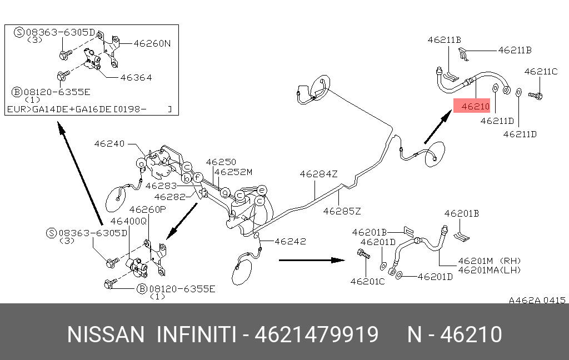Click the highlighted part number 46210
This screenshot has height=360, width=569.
(476, 106)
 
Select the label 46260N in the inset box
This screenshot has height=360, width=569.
(152, 43)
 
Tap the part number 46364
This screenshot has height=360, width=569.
(136, 77)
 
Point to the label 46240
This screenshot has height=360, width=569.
(109, 144)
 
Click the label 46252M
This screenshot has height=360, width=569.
(233, 172)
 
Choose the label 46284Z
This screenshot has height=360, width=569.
(318, 174)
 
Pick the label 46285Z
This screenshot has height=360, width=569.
(342, 211)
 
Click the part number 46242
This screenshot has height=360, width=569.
(290, 241)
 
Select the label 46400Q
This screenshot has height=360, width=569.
(128, 221)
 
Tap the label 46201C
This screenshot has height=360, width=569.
(367, 282)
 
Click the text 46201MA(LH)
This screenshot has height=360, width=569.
(490, 270)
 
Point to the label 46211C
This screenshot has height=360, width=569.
(541, 72)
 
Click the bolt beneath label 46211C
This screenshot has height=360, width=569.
(535, 96)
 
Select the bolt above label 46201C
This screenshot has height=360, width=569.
(363, 254)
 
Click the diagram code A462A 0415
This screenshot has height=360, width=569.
(537, 300)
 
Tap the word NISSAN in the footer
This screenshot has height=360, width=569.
(106, 334)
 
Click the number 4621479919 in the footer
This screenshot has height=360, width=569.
(317, 334)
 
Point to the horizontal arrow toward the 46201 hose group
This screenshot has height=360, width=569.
(312, 260)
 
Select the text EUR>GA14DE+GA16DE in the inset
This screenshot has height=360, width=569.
(59, 109)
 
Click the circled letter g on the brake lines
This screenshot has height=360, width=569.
(226, 192)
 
